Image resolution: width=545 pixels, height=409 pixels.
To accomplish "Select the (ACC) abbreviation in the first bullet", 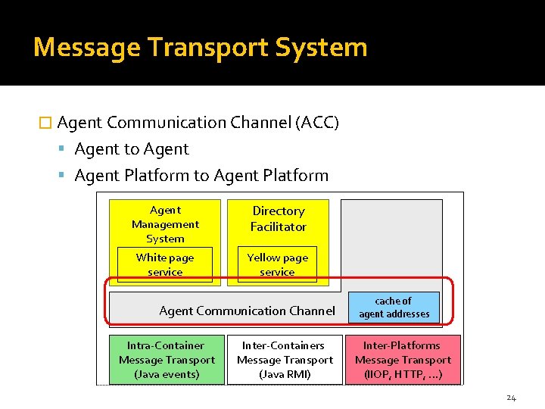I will point(316,123).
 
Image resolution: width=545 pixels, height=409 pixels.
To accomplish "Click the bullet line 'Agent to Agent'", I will point(132,149).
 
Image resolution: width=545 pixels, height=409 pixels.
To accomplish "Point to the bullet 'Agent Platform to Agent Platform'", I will point(201,176).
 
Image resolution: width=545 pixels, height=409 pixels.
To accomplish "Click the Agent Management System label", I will point(165,223).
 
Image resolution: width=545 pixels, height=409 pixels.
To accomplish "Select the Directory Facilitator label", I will point(279,219).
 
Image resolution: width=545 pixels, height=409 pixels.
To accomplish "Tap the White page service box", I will point(165,264).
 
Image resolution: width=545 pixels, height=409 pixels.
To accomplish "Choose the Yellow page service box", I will point(278,264).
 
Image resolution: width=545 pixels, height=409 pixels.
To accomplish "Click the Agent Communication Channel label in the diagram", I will point(247,311).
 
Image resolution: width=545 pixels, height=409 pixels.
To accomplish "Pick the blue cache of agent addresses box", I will point(394,307).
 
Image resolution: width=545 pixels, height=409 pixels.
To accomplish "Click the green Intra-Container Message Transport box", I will point(167,360).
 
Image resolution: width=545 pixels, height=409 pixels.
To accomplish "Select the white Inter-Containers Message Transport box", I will point(285,360).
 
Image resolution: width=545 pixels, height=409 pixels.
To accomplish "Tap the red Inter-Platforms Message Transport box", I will point(403,360).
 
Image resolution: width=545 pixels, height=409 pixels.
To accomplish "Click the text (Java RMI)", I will point(285,374).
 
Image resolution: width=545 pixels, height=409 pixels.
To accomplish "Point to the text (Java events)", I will point(167,374).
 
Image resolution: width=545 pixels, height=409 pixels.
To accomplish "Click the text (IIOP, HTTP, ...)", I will point(403,374).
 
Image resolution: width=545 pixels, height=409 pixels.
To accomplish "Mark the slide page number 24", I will point(511,398).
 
